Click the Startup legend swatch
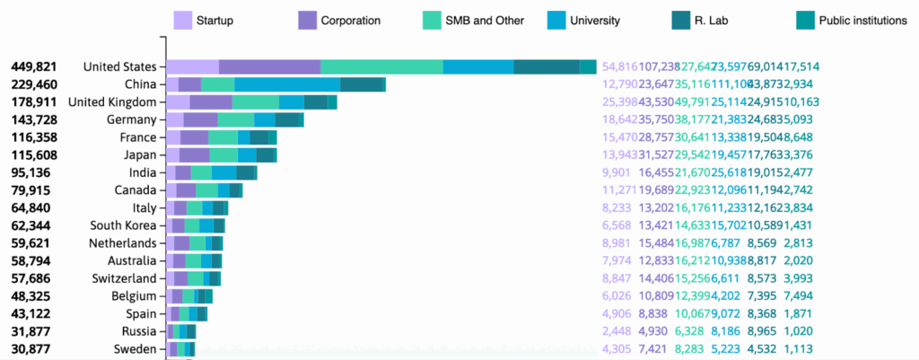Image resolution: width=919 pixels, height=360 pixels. (x=182, y=20)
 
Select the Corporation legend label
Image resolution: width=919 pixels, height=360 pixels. (x=351, y=20)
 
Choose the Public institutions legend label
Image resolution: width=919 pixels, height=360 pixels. (x=862, y=20)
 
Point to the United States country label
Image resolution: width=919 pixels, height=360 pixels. (x=119, y=66)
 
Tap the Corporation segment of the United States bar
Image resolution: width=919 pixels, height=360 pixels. (x=269, y=66)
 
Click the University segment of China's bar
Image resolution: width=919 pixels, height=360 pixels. (x=287, y=84)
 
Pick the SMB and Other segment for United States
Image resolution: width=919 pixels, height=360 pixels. (x=381, y=66)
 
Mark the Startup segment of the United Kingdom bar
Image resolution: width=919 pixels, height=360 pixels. (x=178, y=102)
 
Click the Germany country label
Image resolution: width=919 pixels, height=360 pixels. (x=132, y=119)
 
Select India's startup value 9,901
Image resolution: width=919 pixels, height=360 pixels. (x=619, y=172)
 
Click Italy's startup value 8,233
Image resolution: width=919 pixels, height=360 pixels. (x=619, y=207)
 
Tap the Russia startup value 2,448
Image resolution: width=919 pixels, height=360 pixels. (x=619, y=331)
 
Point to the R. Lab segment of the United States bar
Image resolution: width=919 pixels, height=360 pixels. (x=547, y=66)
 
